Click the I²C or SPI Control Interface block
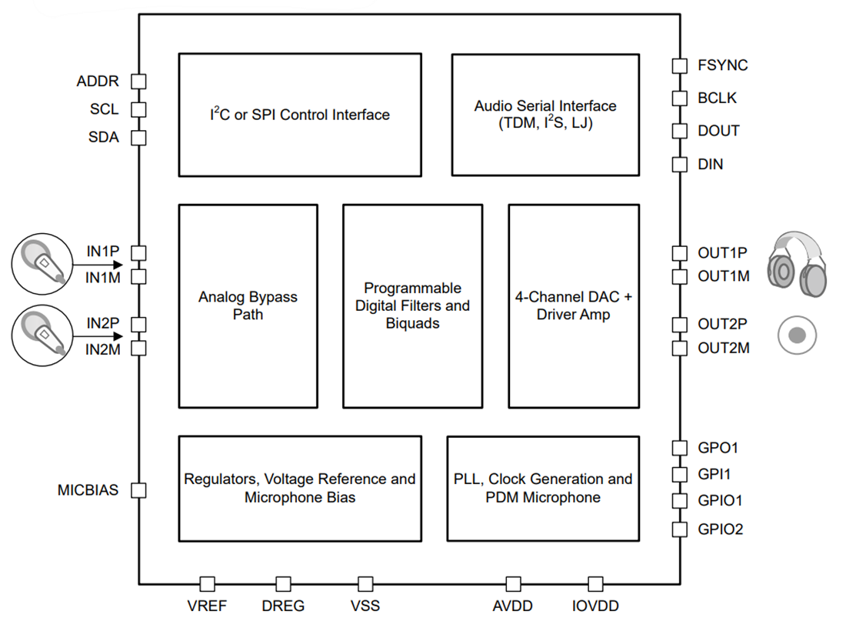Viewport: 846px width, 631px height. tap(300, 115)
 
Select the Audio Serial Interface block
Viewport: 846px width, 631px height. tap(545, 115)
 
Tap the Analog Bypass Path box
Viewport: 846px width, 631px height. tap(248, 305)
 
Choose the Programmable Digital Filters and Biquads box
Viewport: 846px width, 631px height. tap(412, 305)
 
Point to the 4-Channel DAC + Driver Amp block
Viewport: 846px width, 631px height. tap(574, 305)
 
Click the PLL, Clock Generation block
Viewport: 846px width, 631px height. tap(543, 489)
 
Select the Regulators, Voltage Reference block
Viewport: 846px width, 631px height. tap(300, 489)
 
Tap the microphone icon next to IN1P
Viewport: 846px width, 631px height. tap(42, 263)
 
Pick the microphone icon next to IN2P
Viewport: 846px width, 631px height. tap(42, 335)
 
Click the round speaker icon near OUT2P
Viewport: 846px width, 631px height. tap(797, 336)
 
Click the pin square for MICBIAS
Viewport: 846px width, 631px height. tap(138, 490)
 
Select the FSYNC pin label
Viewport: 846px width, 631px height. tap(722, 65)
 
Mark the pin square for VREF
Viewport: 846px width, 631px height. tap(207, 584)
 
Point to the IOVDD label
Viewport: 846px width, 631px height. tap(595, 606)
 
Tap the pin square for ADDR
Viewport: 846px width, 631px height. tap(138, 82)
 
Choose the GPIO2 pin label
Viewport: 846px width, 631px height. tap(720, 529)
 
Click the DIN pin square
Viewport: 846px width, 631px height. tap(679, 164)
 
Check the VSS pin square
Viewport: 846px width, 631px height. tap(365, 584)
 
